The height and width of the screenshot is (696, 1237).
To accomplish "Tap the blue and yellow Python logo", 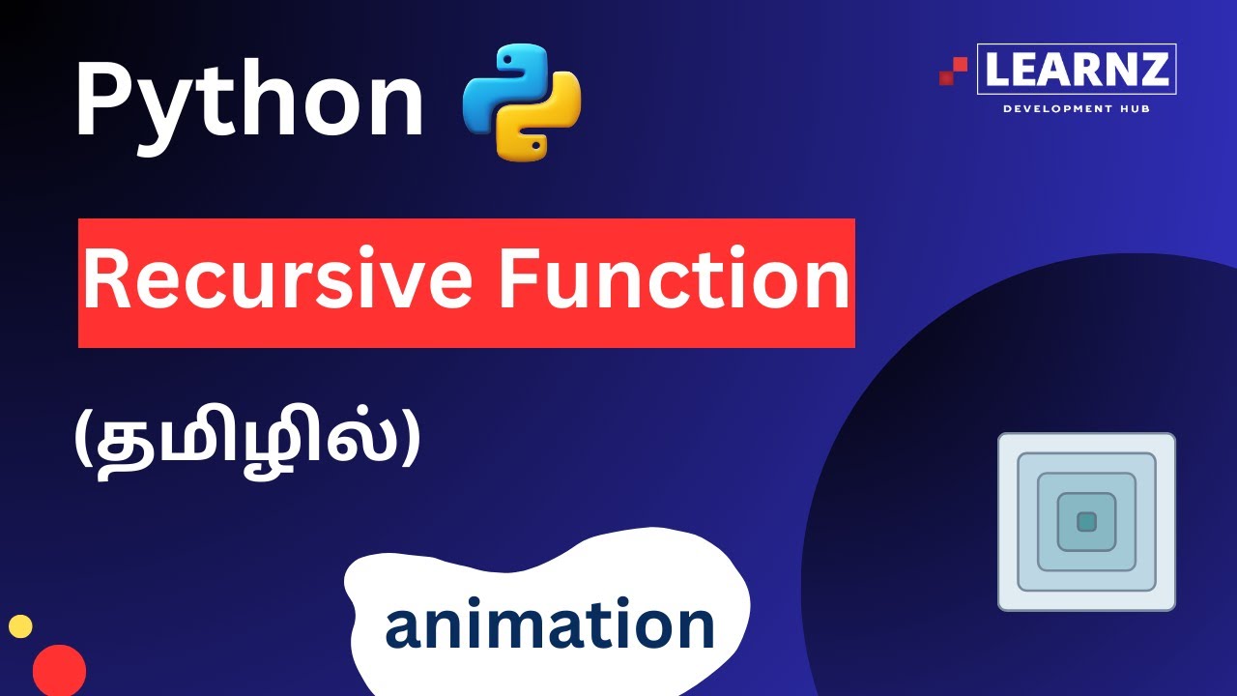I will click(x=522, y=101).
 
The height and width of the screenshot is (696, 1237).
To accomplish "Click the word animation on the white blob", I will click(x=549, y=624).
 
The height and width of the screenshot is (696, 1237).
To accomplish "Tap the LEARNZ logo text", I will click(x=1077, y=70).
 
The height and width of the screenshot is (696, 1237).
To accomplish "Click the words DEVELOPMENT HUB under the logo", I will click(x=1077, y=108).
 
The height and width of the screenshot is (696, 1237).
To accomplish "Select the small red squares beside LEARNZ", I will click(x=953, y=71).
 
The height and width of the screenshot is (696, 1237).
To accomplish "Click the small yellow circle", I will click(x=20, y=626).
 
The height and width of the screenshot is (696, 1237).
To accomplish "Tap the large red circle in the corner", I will click(x=59, y=670).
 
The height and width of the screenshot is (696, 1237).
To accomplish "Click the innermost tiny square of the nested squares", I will click(x=1086, y=522).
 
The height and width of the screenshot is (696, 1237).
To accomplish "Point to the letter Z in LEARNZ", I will click(x=1155, y=70).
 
